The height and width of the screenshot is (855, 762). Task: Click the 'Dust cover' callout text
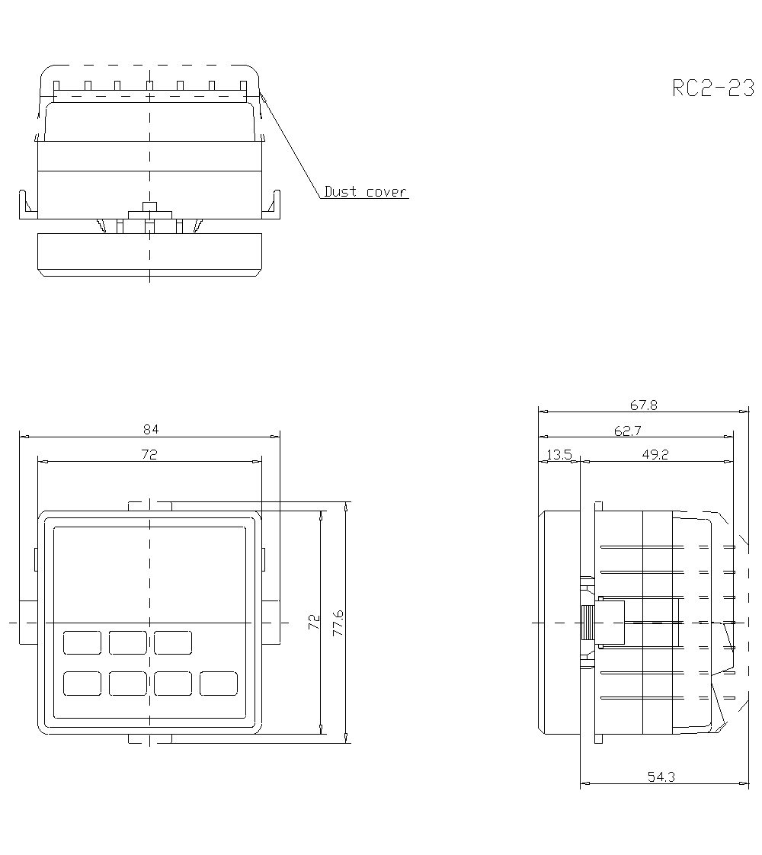pos(365,192)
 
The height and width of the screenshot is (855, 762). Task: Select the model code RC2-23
pos(713,88)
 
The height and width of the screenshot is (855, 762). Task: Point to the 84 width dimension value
pos(150,429)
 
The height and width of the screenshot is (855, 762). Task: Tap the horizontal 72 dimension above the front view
pos(150,454)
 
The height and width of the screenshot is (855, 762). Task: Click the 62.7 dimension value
pos(626,431)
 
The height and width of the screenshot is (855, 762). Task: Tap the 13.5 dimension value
pos(559,454)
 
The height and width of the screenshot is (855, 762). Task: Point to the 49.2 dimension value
pos(655,454)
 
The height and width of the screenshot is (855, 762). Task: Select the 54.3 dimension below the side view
pos(661,777)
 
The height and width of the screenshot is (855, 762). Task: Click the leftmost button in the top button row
pos(82,642)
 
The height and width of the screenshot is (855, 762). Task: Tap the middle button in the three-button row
pos(127,642)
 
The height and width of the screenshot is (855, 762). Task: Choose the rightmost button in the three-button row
pos(173,642)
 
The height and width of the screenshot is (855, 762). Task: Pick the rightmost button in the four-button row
pos(219,684)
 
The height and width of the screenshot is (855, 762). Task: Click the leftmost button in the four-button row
pos(82,684)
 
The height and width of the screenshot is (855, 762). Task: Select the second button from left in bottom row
pos(127,684)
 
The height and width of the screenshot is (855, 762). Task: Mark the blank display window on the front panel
pos(149,572)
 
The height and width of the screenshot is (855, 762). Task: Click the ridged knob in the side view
pos(588,623)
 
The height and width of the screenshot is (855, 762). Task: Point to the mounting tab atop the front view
pos(150,506)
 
